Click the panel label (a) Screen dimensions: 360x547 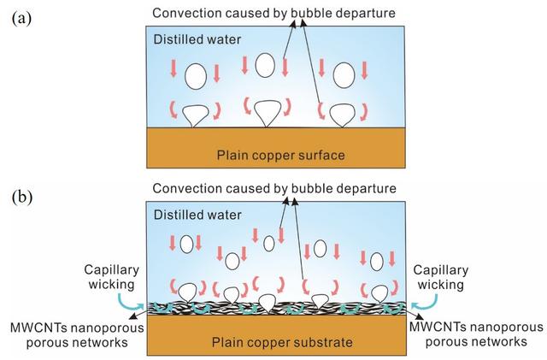21,18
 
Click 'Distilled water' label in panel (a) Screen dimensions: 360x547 198,39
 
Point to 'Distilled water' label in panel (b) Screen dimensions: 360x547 198,215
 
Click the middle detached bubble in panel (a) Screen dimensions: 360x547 266,66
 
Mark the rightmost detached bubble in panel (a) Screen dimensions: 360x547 344,74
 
